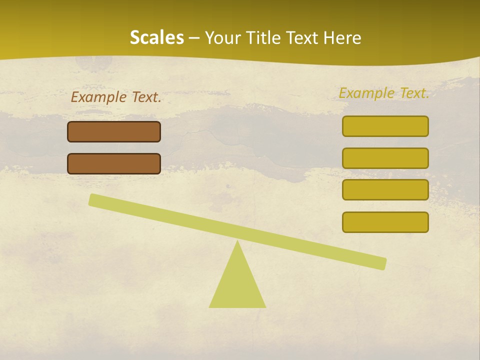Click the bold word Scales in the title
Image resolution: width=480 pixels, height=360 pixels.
156,38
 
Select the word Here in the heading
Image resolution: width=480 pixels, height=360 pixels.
343,38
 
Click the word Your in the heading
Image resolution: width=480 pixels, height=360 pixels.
222,38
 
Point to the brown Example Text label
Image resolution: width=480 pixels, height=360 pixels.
116,97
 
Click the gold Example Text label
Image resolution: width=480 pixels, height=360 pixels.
384,93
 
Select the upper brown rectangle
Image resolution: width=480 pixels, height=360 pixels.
114,131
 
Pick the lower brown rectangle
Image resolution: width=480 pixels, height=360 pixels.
114,163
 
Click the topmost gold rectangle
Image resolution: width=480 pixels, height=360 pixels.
385,126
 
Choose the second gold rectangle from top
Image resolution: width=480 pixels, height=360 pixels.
385,158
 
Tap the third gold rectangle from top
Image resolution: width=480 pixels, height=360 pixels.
385,190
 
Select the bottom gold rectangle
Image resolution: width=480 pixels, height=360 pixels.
385,222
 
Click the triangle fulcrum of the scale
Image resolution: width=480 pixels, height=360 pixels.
237,285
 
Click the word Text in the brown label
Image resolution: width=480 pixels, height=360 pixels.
146,97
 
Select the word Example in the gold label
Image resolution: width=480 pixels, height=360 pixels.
366,93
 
